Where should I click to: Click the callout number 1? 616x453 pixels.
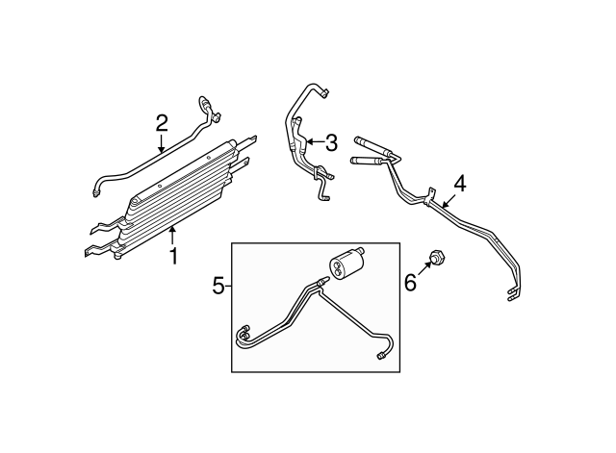[173, 256]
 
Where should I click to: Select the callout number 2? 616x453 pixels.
[162, 122]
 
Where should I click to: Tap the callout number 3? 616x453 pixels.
[331, 143]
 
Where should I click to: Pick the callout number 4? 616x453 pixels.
[460, 182]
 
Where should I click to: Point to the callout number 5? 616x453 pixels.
[218, 286]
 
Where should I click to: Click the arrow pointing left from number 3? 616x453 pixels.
[314, 143]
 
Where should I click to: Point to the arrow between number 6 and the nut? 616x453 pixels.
[424, 271]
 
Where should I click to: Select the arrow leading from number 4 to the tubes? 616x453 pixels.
[449, 195]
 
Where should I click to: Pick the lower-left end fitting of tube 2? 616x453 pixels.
[96, 191]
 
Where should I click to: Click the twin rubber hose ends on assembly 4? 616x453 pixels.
[371, 150]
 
